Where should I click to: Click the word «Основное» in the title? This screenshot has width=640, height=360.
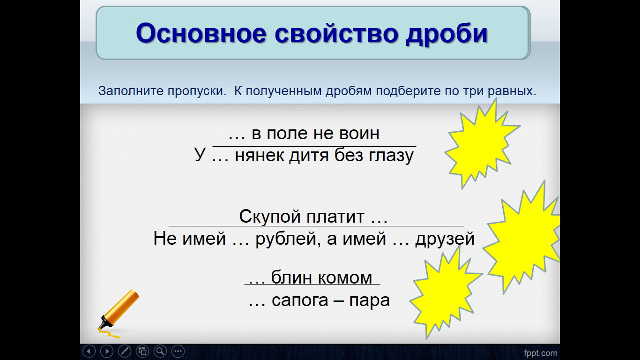(201, 33)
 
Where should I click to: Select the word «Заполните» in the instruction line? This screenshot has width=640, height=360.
(131, 91)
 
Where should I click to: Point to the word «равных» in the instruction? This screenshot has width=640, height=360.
(512, 91)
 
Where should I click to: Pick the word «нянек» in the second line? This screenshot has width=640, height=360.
(260, 156)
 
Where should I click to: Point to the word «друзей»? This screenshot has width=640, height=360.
(445, 239)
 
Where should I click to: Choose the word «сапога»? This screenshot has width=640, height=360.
(300, 300)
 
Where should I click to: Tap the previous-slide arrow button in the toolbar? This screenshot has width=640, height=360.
(89, 351)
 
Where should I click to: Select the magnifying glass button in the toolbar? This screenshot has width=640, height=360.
(160, 351)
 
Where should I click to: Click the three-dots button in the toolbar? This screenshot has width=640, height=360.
(178, 351)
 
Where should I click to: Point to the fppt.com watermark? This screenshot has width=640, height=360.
(541, 353)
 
